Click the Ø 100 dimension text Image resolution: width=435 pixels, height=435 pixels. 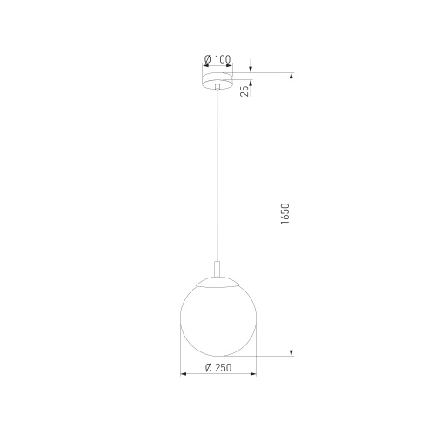[217, 58]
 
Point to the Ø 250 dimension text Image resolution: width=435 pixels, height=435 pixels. [217, 368]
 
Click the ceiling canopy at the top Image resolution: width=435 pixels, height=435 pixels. [217, 82]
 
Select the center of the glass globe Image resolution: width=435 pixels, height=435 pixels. [217, 318]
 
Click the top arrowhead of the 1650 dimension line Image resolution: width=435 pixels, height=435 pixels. [291, 75]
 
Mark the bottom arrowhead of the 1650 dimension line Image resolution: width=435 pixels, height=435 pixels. [291, 354]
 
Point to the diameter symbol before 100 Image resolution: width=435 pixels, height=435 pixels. [208, 58]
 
